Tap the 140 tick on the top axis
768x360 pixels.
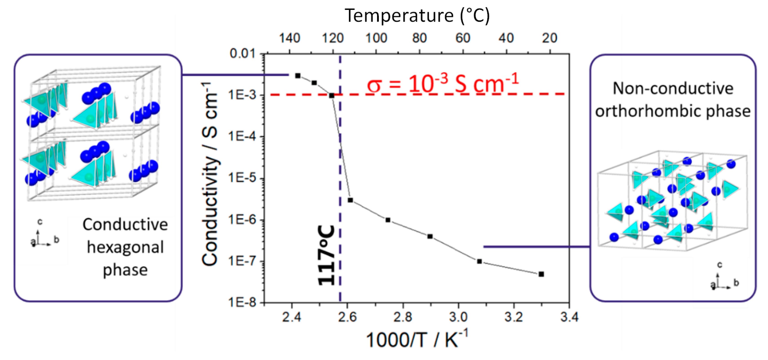coord(289,38)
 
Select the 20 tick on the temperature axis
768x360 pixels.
coord(550,38)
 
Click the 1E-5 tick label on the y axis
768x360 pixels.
coord(242,178)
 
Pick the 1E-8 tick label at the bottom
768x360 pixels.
coord(242,303)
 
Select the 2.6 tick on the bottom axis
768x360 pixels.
coord(347,317)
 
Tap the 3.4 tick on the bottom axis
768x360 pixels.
coord(569,317)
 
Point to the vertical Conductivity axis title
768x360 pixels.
coord(210,174)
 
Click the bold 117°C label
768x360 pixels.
coord(327,255)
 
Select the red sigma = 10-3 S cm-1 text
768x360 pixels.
coord(443,84)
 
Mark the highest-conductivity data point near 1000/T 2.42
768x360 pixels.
coord(298,76)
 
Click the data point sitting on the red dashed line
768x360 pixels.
coord(331,95)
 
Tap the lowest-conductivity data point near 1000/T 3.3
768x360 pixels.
coord(541,274)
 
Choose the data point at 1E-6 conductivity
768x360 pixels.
coord(388,220)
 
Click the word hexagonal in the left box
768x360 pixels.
coord(125,247)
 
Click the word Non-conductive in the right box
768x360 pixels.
coord(673,88)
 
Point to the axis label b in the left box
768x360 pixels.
coord(56,239)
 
